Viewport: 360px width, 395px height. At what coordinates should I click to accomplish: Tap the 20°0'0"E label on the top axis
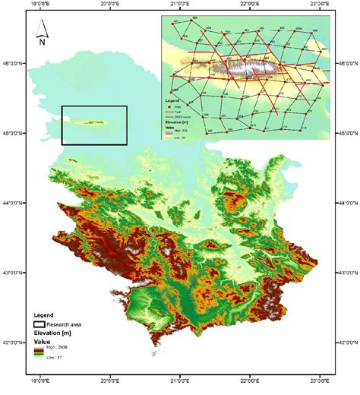pyautogui.click(x=109, y=5)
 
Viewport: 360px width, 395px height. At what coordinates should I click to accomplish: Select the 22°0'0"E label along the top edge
pyautogui.click(x=250, y=5)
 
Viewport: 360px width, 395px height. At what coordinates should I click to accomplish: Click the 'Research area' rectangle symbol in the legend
pyautogui.click(x=39, y=324)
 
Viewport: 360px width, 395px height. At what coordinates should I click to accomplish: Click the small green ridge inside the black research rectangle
pyautogui.click(x=90, y=121)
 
